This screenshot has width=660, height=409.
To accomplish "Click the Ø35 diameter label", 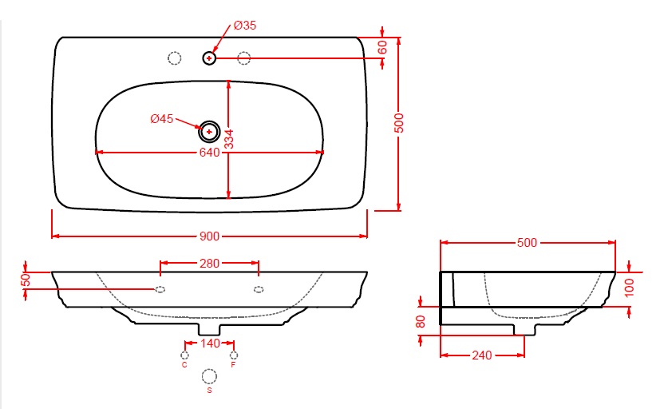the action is tap(245, 26).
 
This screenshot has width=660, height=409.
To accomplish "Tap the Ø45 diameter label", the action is tap(162, 119).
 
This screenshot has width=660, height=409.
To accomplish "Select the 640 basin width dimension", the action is tap(210, 152).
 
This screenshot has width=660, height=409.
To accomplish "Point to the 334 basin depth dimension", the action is tap(228, 139).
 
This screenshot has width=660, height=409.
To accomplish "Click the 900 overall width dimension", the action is tap(209, 236).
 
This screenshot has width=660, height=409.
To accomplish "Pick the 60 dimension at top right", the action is tap(382, 48).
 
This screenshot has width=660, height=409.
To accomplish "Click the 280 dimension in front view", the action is tap(209, 264).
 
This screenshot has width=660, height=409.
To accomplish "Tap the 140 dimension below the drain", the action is tap(210, 343).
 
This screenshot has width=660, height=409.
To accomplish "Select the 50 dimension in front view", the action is tap(26, 280).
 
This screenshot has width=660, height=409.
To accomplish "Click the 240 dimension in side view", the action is tap(481, 355).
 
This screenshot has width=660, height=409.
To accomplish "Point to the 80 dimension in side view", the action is tap(420, 321).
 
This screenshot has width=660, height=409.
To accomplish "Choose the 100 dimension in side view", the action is tap(629, 288).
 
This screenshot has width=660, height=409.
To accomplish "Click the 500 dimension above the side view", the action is tap(527, 243).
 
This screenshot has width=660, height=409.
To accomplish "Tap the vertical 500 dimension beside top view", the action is tap(398, 123).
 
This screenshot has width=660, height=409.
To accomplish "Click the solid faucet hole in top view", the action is tap(209, 58).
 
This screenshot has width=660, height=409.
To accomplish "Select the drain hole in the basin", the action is tap(209, 132).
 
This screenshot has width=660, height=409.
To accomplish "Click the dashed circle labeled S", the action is tap(209, 376).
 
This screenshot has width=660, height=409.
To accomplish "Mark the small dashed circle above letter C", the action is tap(184, 355).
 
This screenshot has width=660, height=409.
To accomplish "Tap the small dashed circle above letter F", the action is tap(234, 355).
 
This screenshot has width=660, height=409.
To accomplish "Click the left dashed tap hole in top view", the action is tap(174, 58).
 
